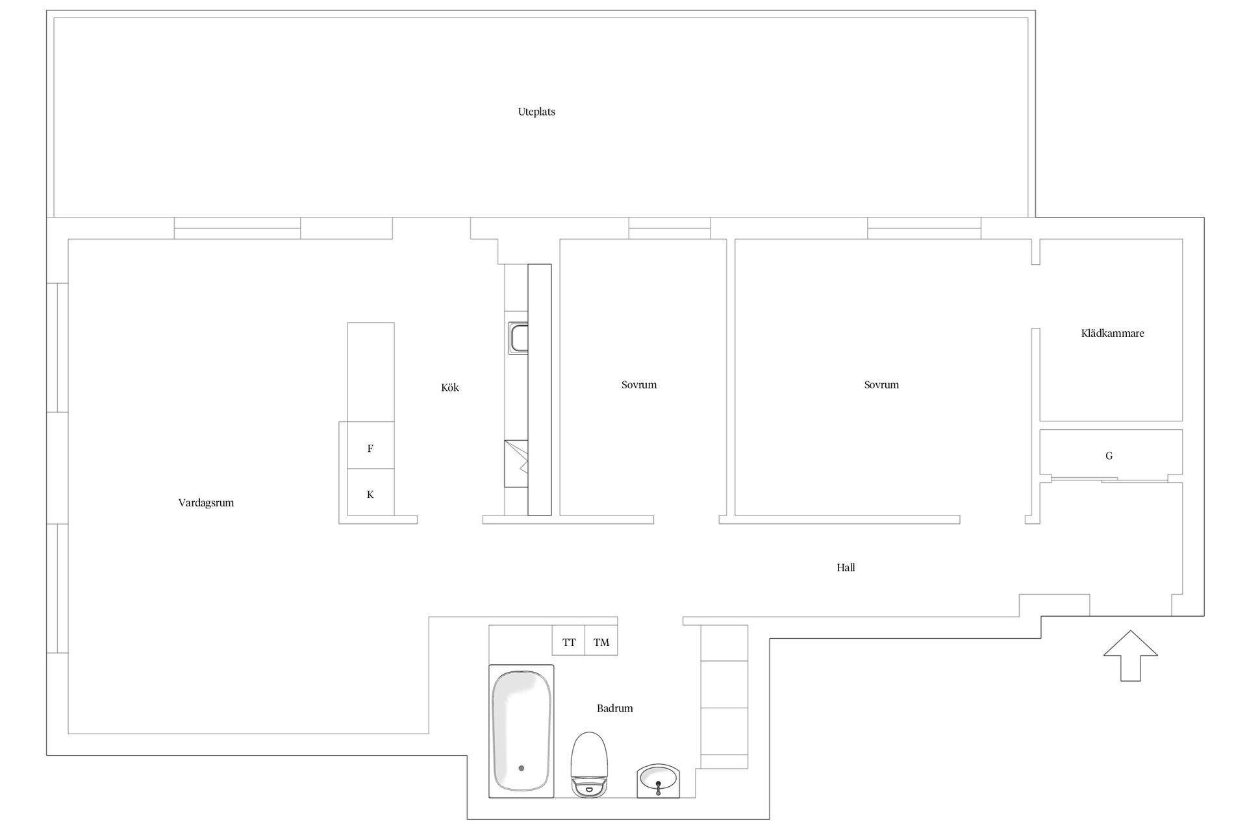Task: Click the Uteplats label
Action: pos(536,112)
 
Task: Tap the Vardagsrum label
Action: pos(206,502)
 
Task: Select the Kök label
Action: pos(450,388)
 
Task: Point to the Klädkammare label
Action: pos(1113,333)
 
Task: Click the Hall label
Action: pos(846,567)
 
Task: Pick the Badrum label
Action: pos(614,708)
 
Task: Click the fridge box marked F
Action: pos(371,445)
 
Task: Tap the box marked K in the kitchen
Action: pos(371,492)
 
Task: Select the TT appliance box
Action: pos(569,640)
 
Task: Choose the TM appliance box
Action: pos(601,640)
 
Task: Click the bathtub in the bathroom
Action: pos(522,731)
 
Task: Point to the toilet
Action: pos(589,765)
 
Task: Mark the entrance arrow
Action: pos(1131,656)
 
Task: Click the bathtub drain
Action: pos(521,769)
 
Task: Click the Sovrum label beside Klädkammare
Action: pos(881,385)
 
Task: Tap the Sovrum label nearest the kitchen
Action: pos(639,385)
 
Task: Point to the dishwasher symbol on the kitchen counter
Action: pos(516,464)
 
